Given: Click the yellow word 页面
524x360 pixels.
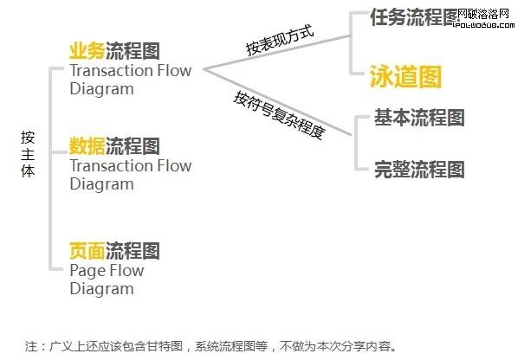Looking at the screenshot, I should click(x=87, y=251).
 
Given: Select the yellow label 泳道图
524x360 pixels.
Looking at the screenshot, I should click(x=406, y=76).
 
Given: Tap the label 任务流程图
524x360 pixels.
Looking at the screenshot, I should click(x=412, y=17).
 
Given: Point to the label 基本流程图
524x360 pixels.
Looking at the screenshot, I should click(x=419, y=117).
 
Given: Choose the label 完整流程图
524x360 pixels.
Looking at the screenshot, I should click(x=419, y=168).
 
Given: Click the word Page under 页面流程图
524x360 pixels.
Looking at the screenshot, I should click(x=88, y=271).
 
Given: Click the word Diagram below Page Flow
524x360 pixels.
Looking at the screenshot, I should click(x=101, y=289).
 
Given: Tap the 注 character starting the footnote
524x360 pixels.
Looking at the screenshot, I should click(x=31, y=345).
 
